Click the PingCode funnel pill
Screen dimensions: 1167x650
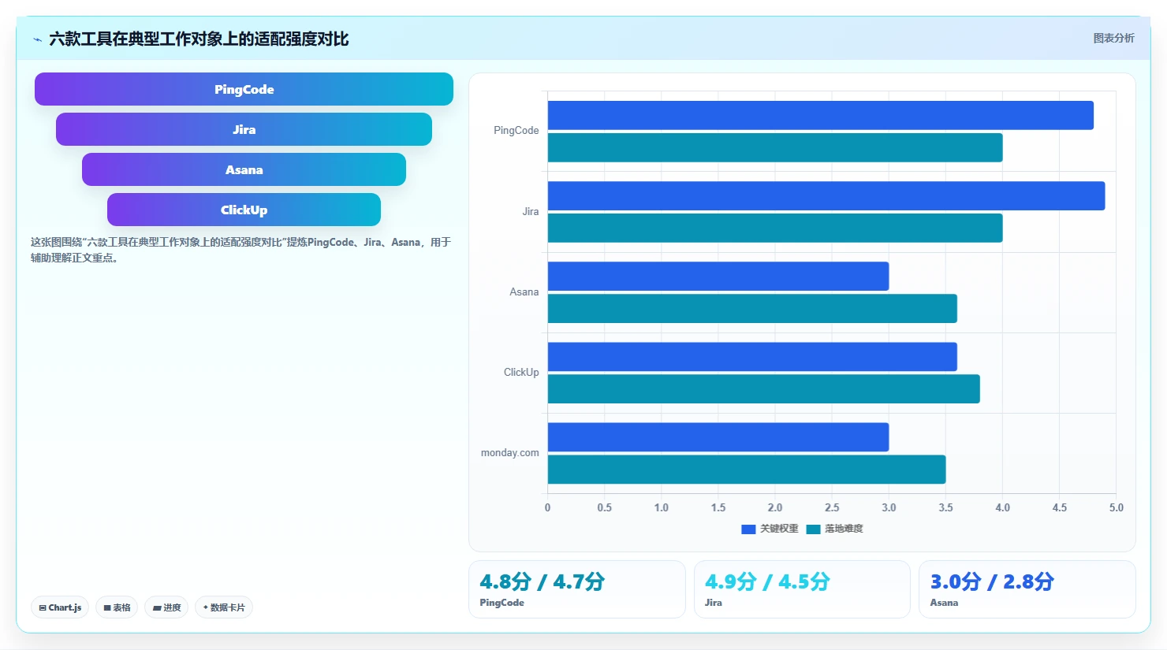tap(244, 89)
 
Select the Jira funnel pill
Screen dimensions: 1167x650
tap(244, 129)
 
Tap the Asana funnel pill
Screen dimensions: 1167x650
tap(244, 169)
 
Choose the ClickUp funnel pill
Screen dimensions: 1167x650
tap(244, 210)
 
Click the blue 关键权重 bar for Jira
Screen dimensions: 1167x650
tap(826, 195)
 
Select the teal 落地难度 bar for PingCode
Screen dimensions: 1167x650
tap(775, 147)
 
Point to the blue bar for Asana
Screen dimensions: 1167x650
tap(718, 277)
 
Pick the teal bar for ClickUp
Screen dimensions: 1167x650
tap(764, 388)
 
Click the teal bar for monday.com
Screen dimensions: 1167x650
tap(747, 470)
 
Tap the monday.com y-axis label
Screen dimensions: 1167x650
tap(509, 453)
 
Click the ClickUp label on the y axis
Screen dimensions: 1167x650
tap(521, 372)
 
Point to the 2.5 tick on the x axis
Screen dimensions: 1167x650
tap(832, 507)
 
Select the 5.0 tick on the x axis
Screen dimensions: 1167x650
tap(1117, 507)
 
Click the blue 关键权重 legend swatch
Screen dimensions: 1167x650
tap(748, 529)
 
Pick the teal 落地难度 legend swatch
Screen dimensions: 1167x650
tap(813, 529)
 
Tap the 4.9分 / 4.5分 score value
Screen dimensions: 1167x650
tap(767, 581)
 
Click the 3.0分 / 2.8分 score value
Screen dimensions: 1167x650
tap(992, 581)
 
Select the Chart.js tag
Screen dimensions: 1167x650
tap(60, 607)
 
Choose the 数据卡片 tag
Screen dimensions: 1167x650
tap(223, 607)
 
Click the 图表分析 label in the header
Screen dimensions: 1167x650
tap(1113, 38)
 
